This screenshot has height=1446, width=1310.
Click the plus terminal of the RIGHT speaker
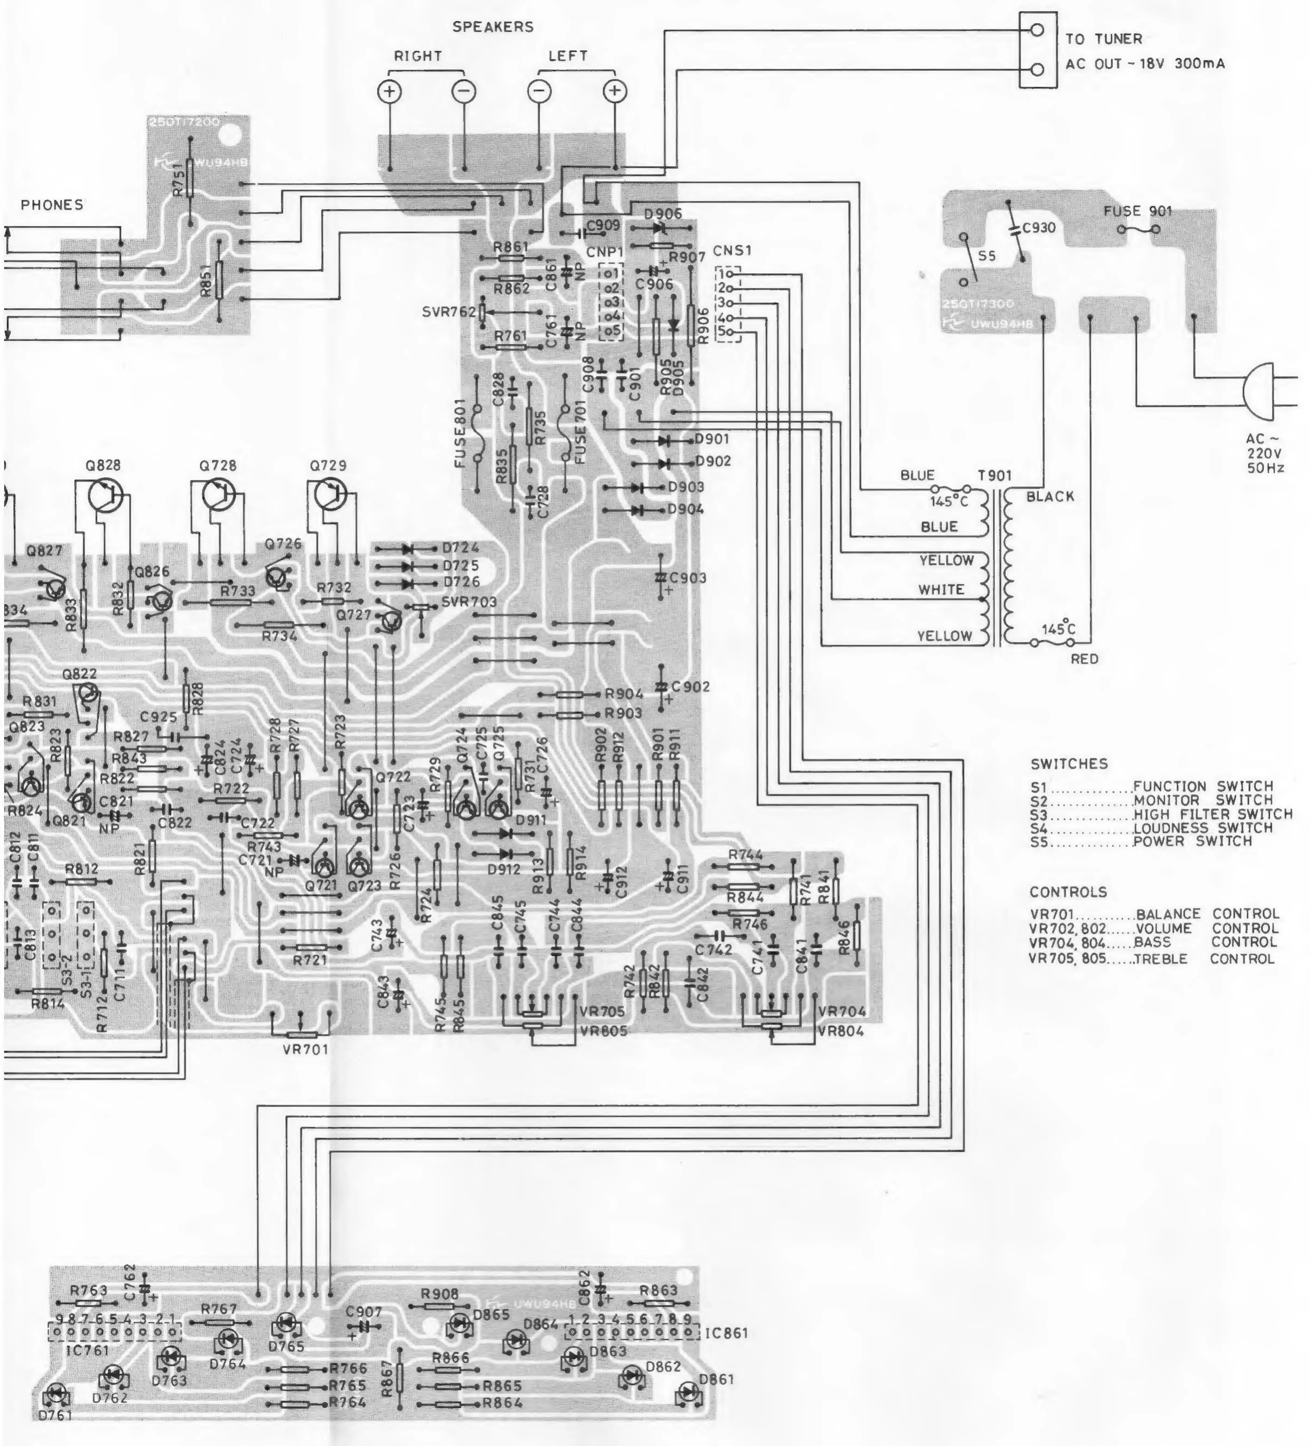[x=390, y=91]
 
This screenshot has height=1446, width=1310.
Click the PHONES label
[x=52, y=205]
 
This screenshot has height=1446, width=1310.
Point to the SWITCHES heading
[x=1069, y=764]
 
